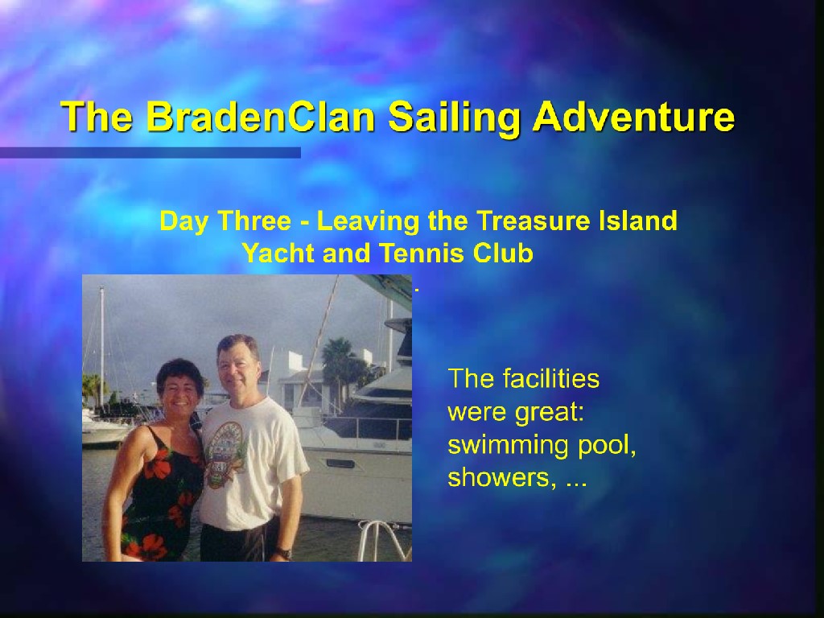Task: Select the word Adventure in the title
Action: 633,116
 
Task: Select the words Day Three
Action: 225,221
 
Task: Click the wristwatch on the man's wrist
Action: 284,553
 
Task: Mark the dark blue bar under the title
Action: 150,152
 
